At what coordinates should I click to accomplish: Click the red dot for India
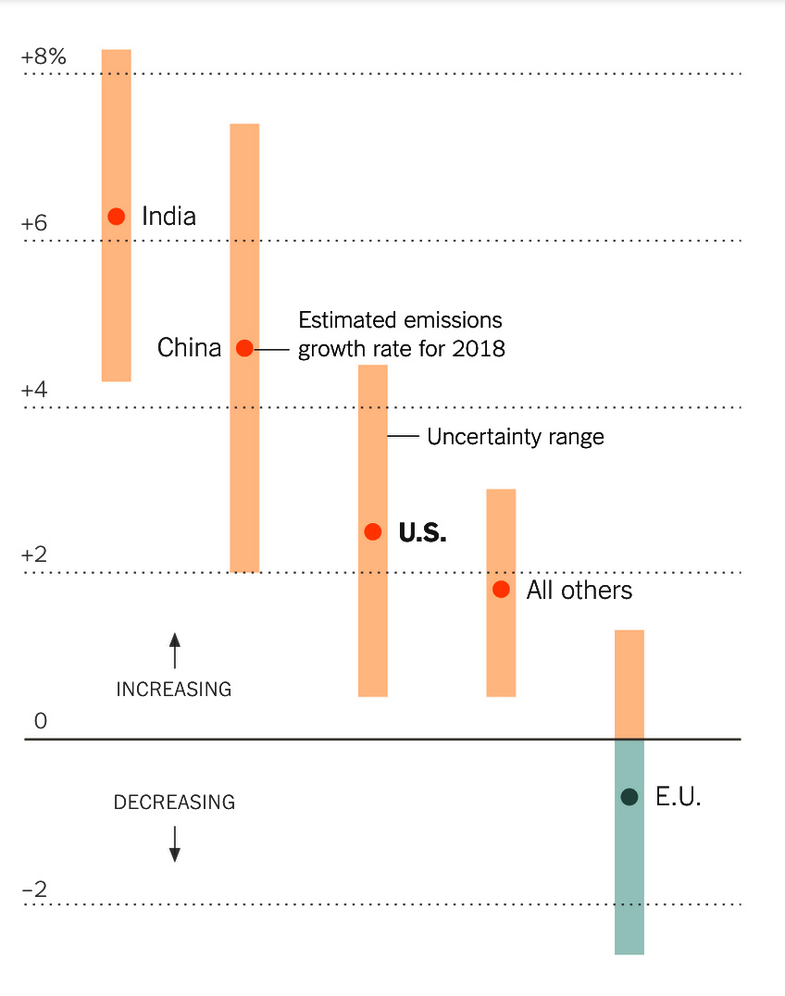click(x=116, y=217)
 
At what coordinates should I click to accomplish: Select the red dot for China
click(x=244, y=348)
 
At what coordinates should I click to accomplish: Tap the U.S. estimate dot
click(x=373, y=531)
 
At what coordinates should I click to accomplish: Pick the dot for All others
click(x=501, y=589)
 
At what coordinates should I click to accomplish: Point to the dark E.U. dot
click(x=629, y=796)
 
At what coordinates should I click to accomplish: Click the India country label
click(x=168, y=217)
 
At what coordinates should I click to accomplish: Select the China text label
click(x=189, y=348)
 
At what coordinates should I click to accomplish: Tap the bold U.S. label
click(x=422, y=532)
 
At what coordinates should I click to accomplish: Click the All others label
click(x=579, y=591)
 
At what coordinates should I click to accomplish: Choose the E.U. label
click(x=678, y=797)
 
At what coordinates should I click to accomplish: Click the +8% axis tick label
click(x=44, y=57)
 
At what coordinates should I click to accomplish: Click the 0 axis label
click(x=40, y=721)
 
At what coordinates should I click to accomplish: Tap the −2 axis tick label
click(x=35, y=890)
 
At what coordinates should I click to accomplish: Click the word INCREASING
click(x=173, y=690)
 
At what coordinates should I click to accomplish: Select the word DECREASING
click(x=174, y=803)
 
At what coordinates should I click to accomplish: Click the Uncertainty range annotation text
click(x=515, y=437)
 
